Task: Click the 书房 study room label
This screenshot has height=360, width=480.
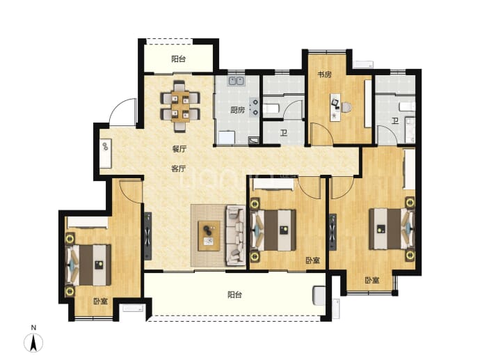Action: tap(324, 75)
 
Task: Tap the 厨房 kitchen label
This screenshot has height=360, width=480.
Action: tap(237, 110)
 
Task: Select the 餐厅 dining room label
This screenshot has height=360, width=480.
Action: tap(179, 149)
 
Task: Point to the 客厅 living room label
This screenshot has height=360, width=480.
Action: tap(179, 169)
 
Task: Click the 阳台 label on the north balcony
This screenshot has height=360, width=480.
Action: tap(179, 58)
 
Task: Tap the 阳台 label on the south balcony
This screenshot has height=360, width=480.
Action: tap(235, 295)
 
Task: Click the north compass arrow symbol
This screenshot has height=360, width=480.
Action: tap(33, 343)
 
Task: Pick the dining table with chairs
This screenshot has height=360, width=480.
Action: tap(180, 106)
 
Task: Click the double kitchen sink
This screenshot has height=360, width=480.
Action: tap(236, 81)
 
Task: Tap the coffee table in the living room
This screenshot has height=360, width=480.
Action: tap(209, 235)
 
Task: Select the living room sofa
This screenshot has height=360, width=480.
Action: tap(235, 235)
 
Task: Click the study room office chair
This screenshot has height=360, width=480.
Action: tap(346, 107)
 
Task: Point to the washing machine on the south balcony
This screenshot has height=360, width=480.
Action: tap(319, 296)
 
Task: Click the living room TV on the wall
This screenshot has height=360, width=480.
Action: tap(148, 236)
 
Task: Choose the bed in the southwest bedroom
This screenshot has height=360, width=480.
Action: tap(89, 265)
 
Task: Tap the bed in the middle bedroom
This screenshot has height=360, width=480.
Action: tap(273, 230)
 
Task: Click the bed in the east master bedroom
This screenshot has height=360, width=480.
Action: tap(392, 228)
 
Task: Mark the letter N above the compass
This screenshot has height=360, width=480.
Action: tap(33, 327)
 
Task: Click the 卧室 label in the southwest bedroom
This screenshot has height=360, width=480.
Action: tap(101, 302)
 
